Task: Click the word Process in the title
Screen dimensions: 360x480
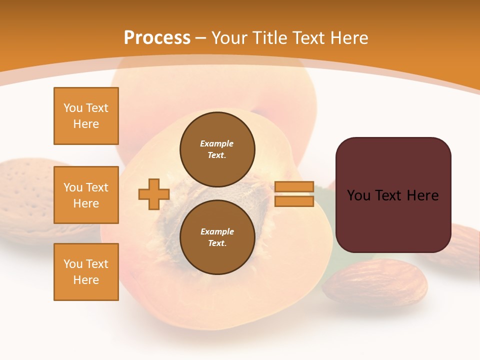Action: [x=157, y=37]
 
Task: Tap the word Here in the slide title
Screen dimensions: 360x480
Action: [x=349, y=37]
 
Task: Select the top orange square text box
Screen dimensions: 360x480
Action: [x=86, y=116]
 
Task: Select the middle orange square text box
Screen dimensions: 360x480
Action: [x=86, y=195]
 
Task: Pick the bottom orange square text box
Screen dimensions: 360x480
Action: [x=86, y=272]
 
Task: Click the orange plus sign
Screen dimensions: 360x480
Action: [x=154, y=194]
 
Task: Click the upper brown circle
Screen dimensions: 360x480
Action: [x=217, y=149]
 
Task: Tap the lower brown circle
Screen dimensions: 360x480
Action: [x=217, y=237]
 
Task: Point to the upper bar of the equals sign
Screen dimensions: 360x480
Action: [x=294, y=187]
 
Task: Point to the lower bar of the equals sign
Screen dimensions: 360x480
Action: [x=294, y=201]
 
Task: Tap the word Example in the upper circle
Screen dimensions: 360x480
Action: [x=217, y=143]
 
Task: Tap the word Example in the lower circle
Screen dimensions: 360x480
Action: [x=217, y=231]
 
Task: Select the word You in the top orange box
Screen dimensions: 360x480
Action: [x=73, y=108]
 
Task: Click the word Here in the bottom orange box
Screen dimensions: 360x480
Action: [x=86, y=280]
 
